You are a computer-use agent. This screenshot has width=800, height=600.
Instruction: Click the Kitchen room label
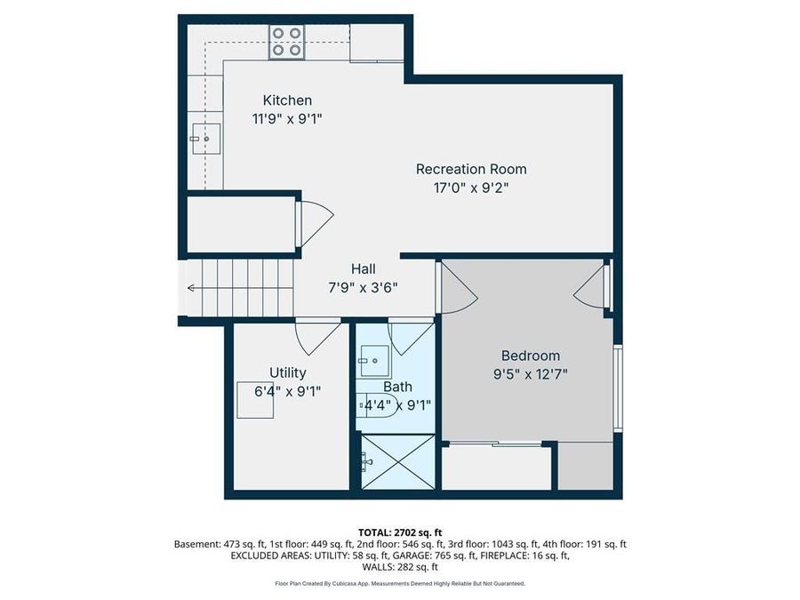point(287,100)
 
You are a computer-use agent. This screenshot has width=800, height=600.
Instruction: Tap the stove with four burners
point(287,41)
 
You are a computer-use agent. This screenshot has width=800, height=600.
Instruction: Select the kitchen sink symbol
point(205,139)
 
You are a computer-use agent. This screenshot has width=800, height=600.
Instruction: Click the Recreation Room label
point(471,169)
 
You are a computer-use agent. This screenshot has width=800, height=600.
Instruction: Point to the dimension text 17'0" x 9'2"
point(471,188)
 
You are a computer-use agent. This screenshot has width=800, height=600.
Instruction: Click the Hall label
point(363,268)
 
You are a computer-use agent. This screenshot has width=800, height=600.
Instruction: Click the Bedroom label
point(530,355)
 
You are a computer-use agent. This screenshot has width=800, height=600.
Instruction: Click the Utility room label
point(287,372)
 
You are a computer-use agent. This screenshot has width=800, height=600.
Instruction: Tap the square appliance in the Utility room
point(255,401)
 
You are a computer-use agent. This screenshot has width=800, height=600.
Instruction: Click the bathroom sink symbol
point(373,361)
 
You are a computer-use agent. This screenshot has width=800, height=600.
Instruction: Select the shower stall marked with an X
point(396,460)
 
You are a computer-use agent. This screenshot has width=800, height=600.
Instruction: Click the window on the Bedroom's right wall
point(617,388)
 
